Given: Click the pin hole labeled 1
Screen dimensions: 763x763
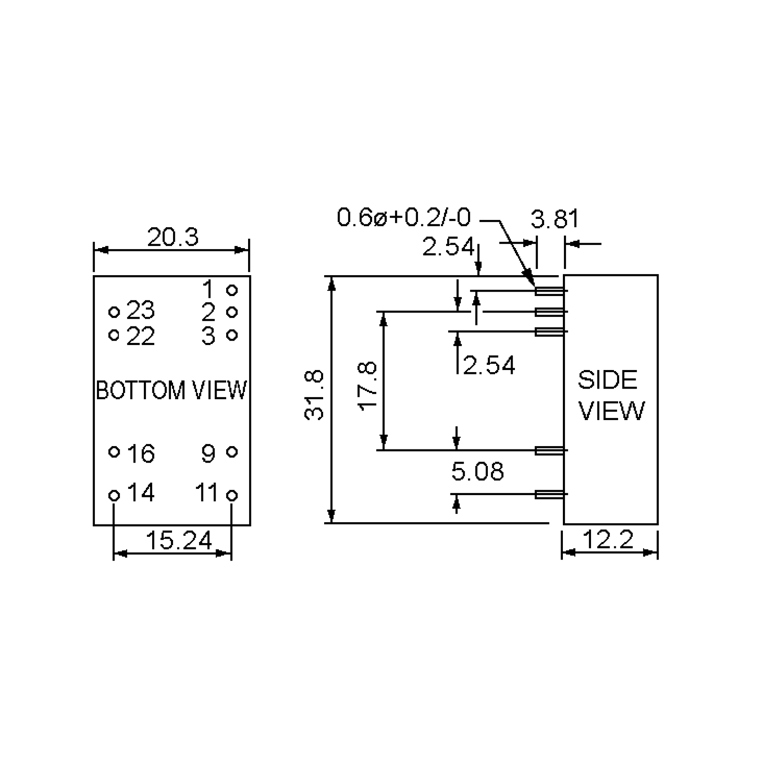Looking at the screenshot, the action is (x=232, y=290).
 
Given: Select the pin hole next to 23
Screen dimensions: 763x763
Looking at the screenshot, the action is (x=114, y=312).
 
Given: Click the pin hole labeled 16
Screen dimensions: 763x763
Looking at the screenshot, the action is (x=114, y=451).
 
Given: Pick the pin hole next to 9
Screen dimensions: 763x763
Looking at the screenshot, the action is (x=232, y=451).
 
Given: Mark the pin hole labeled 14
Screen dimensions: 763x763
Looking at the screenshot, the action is (x=114, y=495).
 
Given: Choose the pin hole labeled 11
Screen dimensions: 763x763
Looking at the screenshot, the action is (x=232, y=495).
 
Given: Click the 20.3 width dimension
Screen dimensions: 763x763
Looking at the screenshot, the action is (x=173, y=238).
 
